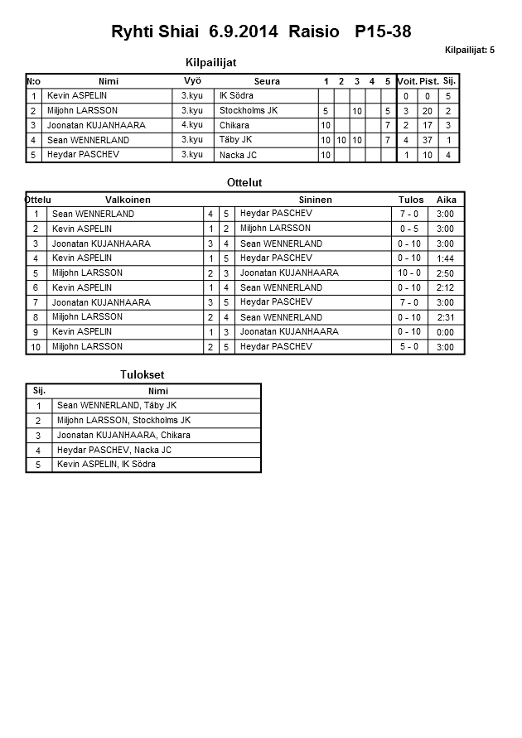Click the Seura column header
(x=267, y=81)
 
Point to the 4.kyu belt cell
(x=191, y=125)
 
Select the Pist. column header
(x=428, y=81)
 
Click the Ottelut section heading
(x=244, y=182)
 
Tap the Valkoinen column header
(x=128, y=200)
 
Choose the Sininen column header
(x=315, y=200)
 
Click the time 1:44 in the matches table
(x=445, y=258)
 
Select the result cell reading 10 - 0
(x=409, y=273)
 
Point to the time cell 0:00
(x=445, y=332)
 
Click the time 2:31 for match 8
(x=445, y=317)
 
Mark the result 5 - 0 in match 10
(x=409, y=346)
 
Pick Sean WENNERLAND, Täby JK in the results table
(x=116, y=406)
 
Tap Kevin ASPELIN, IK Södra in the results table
(x=106, y=465)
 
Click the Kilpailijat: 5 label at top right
(x=469, y=51)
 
